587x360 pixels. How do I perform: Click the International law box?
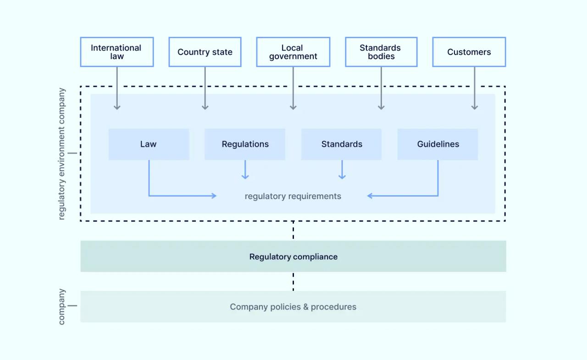[x=116, y=52]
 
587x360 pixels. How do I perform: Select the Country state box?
[x=205, y=52]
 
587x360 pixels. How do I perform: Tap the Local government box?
[x=293, y=52]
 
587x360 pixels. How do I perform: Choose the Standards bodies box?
[x=381, y=52]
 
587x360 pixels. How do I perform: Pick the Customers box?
[x=469, y=52]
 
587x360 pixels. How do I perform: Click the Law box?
[x=149, y=144]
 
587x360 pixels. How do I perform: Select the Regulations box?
[x=245, y=144]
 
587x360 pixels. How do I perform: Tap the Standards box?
[x=341, y=144]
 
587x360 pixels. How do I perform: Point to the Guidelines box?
[x=437, y=144]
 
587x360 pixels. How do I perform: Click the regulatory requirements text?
[x=293, y=196]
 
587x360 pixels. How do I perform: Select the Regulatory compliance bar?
[x=293, y=256]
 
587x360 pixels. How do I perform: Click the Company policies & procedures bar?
[x=293, y=307]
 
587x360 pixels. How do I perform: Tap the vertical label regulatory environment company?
[x=62, y=154]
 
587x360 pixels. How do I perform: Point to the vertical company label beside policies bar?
[x=62, y=306]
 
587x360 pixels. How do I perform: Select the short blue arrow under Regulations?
[x=245, y=170]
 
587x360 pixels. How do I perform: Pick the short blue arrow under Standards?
[x=342, y=170]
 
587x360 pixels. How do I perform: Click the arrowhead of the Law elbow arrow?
[x=213, y=196]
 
